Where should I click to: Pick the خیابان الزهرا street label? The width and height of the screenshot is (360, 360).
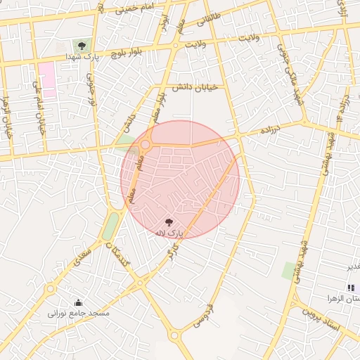coord(7,120)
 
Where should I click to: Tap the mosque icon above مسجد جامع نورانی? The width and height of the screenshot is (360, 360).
coord(77,303)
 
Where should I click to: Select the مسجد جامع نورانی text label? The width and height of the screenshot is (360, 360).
coord(79,314)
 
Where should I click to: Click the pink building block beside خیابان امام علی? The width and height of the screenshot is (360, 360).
coord(47,79)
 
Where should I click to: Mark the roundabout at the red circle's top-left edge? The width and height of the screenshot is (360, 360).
coord(146,145)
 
